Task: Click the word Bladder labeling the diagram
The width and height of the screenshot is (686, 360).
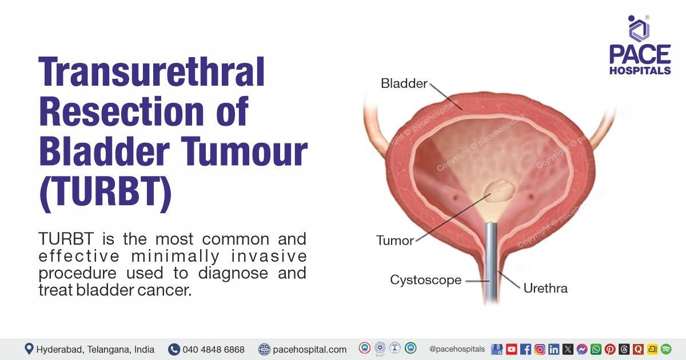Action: tap(404, 83)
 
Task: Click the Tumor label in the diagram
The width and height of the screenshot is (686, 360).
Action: tap(395, 241)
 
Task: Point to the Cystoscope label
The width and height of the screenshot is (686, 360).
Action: tap(426, 280)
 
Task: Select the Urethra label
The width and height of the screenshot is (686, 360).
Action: tap(545, 289)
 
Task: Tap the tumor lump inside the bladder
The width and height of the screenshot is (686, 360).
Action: tap(500, 191)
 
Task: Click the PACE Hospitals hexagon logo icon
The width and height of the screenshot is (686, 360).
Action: tap(639, 29)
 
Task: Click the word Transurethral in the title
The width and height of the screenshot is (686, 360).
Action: tap(151, 72)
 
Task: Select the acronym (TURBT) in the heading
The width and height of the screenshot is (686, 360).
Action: tap(105, 194)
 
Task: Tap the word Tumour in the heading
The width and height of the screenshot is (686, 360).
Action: tap(244, 152)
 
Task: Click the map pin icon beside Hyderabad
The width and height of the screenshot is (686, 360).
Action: tap(29, 349)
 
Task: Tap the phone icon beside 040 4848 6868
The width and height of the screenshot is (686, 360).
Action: tap(174, 349)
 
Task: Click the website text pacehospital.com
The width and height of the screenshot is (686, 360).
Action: tap(309, 349)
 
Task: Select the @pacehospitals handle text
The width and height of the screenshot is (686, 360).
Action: tap(457, 349)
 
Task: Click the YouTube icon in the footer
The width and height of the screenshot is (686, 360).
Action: tap(512, 349)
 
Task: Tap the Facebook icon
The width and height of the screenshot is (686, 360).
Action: tap(525, 349)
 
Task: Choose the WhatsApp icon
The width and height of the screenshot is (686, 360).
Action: tap(596, 349)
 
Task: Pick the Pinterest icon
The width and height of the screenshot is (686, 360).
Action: tap(610, 349)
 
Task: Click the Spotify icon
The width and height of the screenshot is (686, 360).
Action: tap(666, 349)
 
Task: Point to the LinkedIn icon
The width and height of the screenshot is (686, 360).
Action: tap(554, 349)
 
